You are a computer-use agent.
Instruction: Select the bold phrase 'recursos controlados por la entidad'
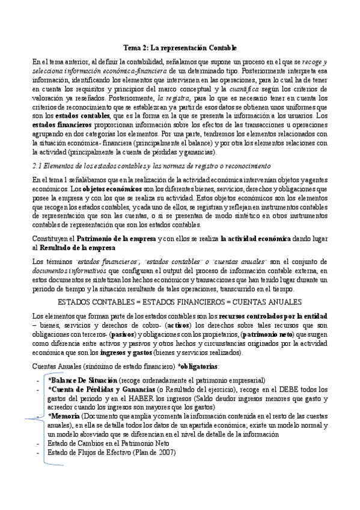tap(273, 316)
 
